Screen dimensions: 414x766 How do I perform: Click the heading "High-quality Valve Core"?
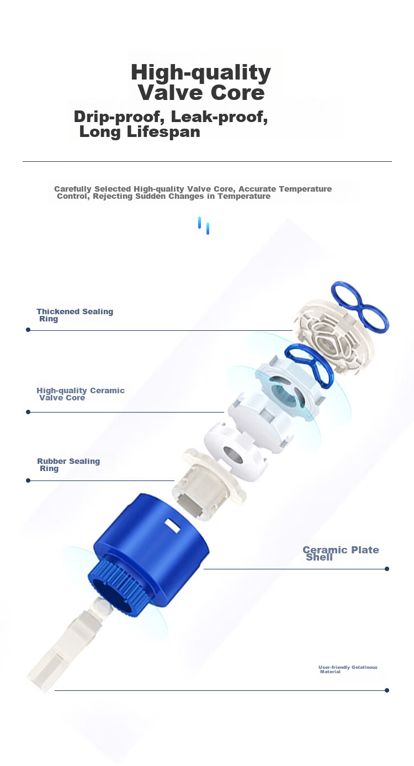pos(201,82)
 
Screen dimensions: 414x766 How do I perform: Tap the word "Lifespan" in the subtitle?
pos(163,132)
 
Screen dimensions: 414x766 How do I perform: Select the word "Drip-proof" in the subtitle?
pos(117,117)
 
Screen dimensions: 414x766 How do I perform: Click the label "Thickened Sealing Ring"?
pos(75,315)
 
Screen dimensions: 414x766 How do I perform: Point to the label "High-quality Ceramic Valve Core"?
pos(81,394)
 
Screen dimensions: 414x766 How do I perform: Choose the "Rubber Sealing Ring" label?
pos(68,464)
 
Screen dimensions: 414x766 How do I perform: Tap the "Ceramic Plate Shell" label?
pos(341,553)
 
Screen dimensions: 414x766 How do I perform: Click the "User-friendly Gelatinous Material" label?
pos(348,669)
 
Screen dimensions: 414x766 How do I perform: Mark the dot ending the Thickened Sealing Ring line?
pos(28,330)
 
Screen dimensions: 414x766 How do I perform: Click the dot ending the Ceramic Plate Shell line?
pos(387,569)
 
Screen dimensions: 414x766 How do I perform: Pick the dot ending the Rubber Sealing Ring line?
pos(28,480)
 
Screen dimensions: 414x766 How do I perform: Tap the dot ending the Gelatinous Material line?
pos(387,690)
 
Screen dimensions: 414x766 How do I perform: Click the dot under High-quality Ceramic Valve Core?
pos(28,412)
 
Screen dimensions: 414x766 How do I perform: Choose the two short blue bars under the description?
pos(204,225)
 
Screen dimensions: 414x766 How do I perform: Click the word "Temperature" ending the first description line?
pos(305,189)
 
